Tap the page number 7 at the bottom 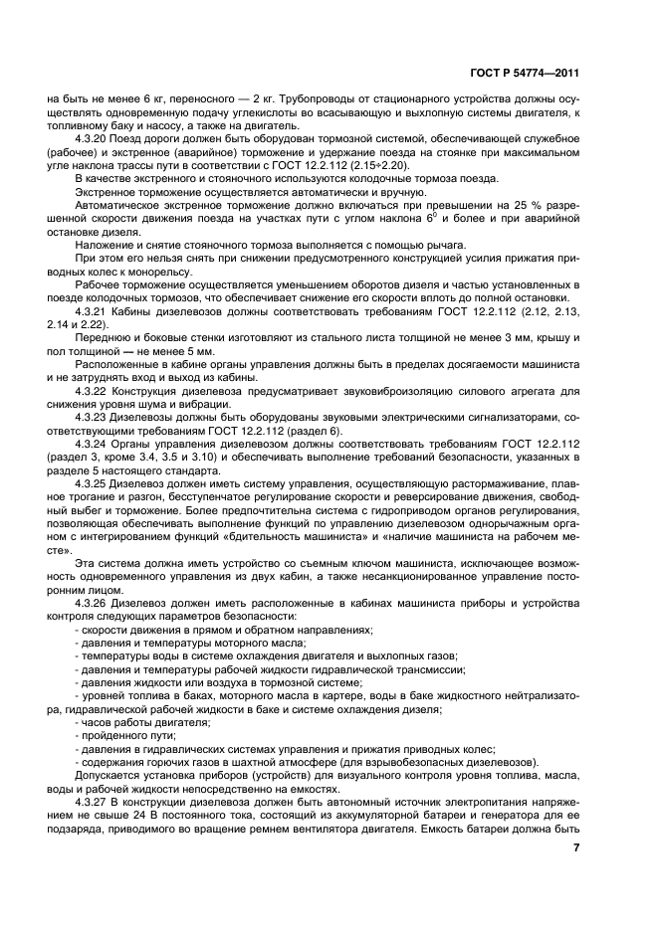point(575,846)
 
